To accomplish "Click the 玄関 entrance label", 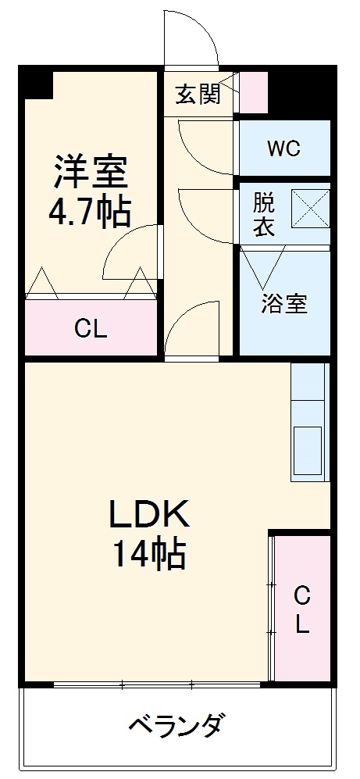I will coord(198,94).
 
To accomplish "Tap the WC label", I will coord(283,148).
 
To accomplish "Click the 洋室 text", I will coord(91,172).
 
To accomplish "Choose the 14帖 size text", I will coord(148,555).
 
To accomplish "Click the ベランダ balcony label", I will coord(177,725).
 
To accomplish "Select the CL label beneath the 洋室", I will coord(91,329).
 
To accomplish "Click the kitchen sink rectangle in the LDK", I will coord(308,451).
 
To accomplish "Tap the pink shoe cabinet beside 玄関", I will coord(254,92).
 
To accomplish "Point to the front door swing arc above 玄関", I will coord(191,39).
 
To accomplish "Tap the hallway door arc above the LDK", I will coord(191,328).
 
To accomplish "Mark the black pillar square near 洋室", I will coord(37,83).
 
